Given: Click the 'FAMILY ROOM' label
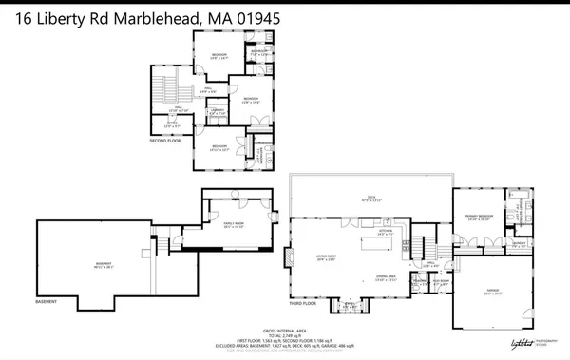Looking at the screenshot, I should [x=234, y=221].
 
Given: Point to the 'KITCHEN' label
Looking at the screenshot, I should [x=386, y=231].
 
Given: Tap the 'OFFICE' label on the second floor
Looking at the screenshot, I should [x=173, y=123].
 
